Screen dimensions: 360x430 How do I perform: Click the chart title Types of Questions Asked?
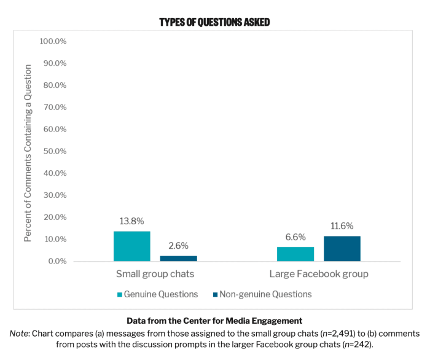tap(214, 22)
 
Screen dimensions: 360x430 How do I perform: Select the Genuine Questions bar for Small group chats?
tap(132, 246)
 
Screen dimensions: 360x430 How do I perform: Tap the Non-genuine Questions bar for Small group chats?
tap(179, 259)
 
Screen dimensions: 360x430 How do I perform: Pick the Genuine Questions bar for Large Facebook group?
tap(295, 254)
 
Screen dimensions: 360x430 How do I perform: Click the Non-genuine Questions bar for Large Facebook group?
tap(342, 249)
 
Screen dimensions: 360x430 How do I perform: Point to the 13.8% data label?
tap(132, 221)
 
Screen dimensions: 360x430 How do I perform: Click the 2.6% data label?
tap(179, 246)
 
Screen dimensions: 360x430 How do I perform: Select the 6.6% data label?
tap(295, 237)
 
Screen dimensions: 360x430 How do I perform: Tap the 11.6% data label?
tap(342, 226)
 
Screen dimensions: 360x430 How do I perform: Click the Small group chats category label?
tap(155, 274)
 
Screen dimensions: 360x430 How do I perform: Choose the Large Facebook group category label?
tap(319, 274)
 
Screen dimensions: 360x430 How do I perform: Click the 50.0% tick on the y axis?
tap(54, 151)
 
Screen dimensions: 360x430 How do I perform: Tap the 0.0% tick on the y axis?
tap(56, 261)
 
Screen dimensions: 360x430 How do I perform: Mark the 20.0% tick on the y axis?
tap(54, 217)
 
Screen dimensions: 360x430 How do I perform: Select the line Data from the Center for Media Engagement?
tap(214, 321)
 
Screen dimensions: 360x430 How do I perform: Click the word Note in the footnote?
tap(20, 334)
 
